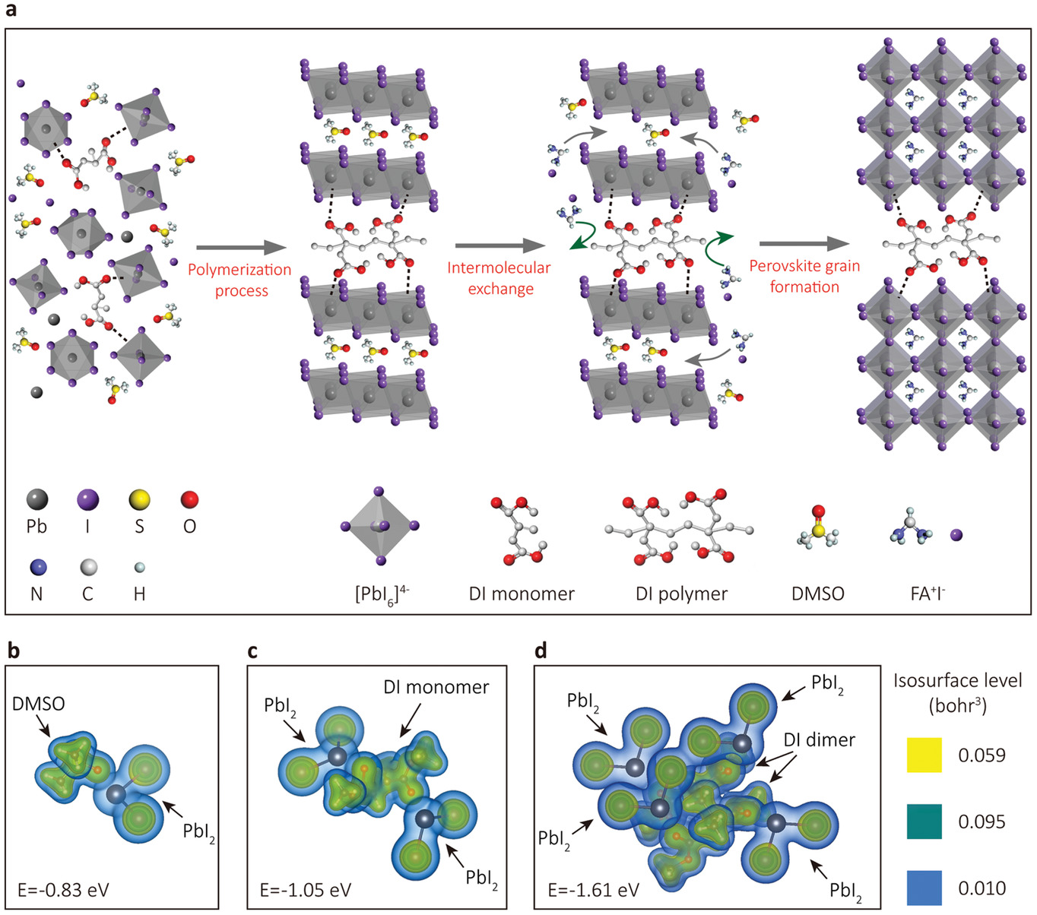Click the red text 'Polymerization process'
click(x=239, y=280)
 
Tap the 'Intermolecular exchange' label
click(x=499, y=278)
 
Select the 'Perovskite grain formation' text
click(x=804, y=277)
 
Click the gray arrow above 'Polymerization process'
click(x=241, y=249)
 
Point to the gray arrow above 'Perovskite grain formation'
click(x=804, y=244)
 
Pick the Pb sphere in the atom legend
click(x=36, y=499)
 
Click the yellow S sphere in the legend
click(x=139, y=499)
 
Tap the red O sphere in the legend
click(x=190, y=499)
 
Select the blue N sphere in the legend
click(x=36, y=567)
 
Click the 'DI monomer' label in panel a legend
click(x=522, y=594)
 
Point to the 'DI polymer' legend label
click(x=682, y=594)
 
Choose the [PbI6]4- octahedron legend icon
click(x=379, y=526)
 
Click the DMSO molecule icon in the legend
click(x=818, y=527)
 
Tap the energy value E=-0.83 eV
click(x=63, y=890)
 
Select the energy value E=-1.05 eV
click(x=306, y=890)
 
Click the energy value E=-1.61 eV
click(x=593, y=890)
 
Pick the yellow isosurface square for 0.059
click(x=924, y=755)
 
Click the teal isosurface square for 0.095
click(x=924, y=822)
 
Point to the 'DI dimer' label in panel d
click(x=820, y=739)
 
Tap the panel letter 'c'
click(x=252, y=651)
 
